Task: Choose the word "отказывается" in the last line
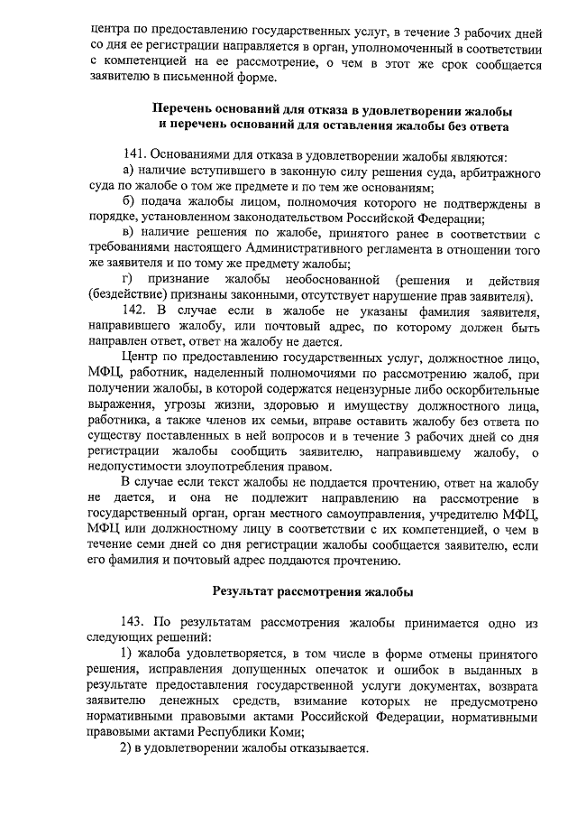tap(326, 748)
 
